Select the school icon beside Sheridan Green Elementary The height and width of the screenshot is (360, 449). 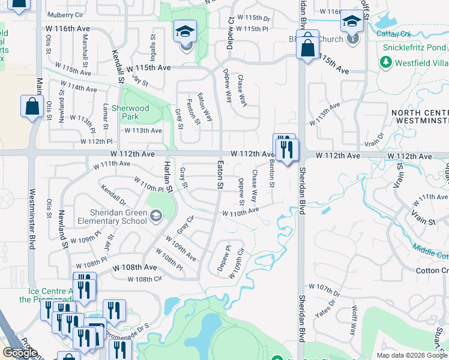click(x=156, y=215)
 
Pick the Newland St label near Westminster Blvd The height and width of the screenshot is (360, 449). click(x=62, y=229)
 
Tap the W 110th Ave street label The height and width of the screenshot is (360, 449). click(x=240, y=211)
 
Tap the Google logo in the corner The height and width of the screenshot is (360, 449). click(x=20, y=353)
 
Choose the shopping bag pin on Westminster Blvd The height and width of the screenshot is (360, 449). click(x=31, y=107)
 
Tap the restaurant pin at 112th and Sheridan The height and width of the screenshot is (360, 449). click(x=286, y=147)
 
